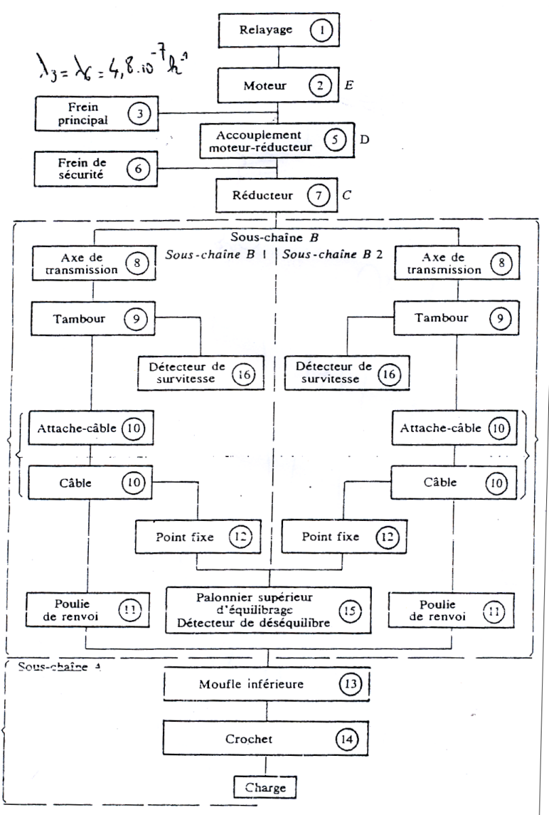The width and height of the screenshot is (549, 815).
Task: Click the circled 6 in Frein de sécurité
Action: click(138, 168)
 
